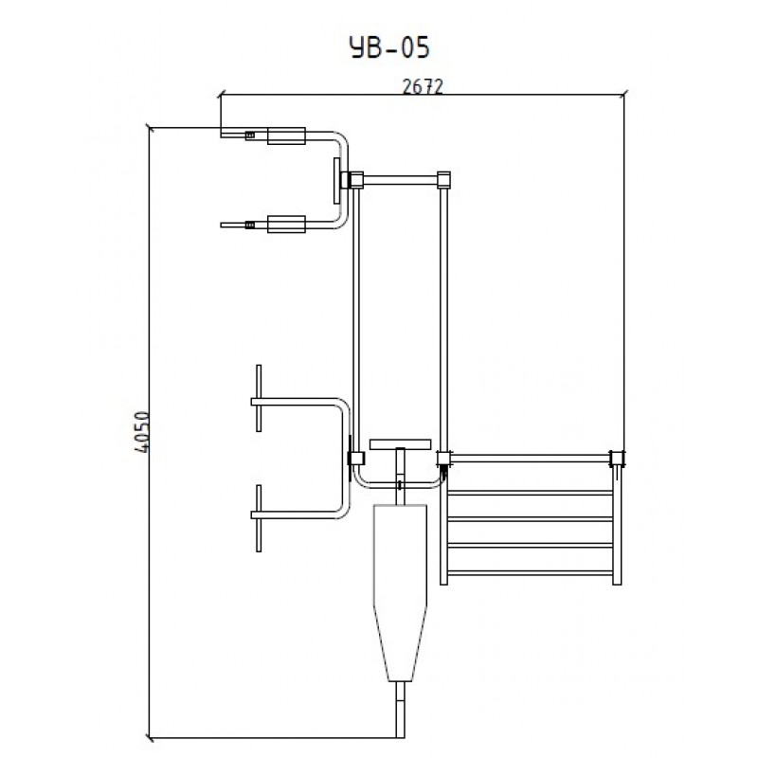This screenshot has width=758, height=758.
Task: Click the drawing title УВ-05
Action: pos(389,48)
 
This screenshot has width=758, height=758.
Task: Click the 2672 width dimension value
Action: pos(423,87)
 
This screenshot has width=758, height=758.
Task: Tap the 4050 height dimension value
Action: pos(142,432)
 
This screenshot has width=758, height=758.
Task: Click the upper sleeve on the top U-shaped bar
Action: pos(286,135)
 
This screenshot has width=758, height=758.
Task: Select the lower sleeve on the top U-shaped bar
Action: pos(286,225)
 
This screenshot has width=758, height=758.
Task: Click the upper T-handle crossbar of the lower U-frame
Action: pos(259,398)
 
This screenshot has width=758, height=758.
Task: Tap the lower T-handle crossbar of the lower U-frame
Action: pos(259,518)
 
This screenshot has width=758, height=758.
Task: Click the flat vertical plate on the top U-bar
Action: pos(337,181)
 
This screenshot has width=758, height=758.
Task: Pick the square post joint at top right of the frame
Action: pos(443,180)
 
